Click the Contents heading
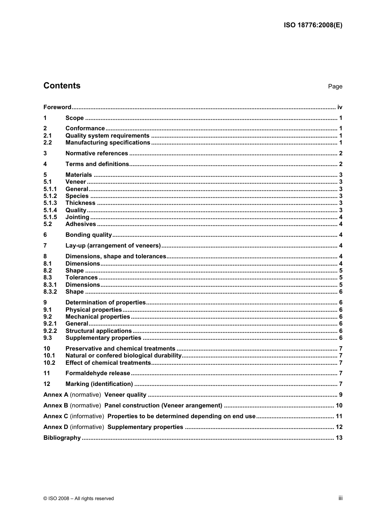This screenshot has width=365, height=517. click(x=62, y=86)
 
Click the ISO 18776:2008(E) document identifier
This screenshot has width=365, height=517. click(x=313, y=25)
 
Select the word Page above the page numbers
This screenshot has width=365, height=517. click(x=335, y=86)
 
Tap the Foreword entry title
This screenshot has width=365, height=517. click(x=57, y=107)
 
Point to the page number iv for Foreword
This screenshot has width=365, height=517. click(x=340, y=107)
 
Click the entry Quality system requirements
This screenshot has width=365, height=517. click(x=107, y=136)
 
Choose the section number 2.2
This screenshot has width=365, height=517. click(x=48, y=143)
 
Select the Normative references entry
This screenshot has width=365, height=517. click(x=96, y=153)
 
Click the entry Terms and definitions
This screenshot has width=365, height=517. click(x=97, y=164)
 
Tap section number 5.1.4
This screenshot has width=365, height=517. click(x=50, y=210)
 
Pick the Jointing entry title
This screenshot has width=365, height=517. click(x=77, y=217)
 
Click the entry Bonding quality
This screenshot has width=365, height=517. click(x=88, y=235)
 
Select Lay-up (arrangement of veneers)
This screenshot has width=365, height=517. click(x=113, y=246)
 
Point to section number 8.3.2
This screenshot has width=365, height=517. click(x=50, y=292)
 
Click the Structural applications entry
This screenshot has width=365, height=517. click(x=98, y=331)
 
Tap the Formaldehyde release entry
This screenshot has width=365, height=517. click(x=98, y=373)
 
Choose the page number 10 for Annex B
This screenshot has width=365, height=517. click(x=339, y=406)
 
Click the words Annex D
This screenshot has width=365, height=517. click(x=56, y=427)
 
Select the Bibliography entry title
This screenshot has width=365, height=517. click(x=62, y=438)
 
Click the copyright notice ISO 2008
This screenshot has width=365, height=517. click(x=79, y=499)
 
